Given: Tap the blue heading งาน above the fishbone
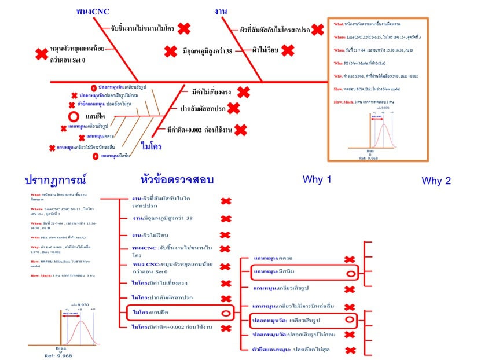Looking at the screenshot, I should [x=220, y=11].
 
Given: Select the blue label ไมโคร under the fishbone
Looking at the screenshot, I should [x=151, y=146].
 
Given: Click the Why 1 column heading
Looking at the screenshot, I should [x=317, y=179].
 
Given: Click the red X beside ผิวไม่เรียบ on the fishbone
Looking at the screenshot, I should [x=288, y=51].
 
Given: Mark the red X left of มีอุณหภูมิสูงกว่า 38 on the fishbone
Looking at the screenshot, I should [x=170, y=52].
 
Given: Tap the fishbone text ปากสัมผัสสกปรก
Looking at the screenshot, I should [x=201, y=108].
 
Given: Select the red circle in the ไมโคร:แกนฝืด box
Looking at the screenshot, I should [x=226, y=313].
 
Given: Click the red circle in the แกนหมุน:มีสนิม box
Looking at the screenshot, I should [x=350, y=273].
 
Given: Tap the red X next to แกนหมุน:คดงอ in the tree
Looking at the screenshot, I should [x=350, y=260].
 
